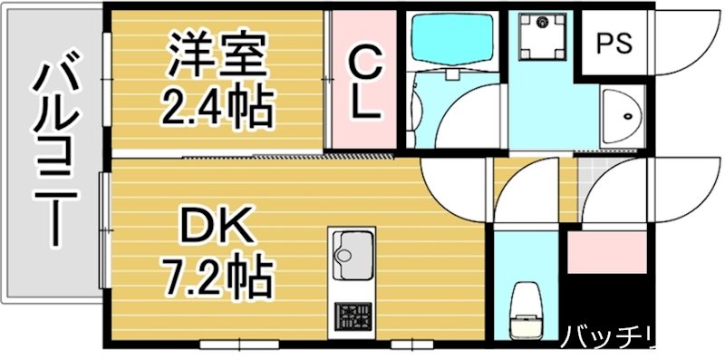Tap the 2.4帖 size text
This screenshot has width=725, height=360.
[217, 107]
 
